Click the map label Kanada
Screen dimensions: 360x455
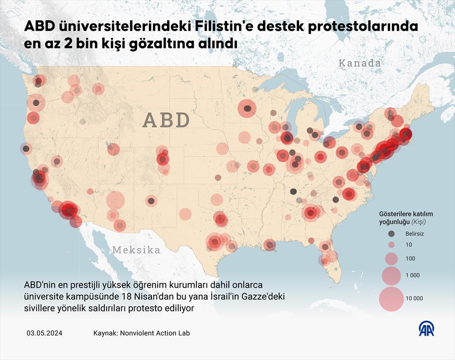(x=359, y=63)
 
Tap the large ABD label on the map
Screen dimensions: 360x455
(x=167, y=120)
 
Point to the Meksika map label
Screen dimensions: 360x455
(x=136, y=250)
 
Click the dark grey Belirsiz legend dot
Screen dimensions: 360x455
(x=391, y=234)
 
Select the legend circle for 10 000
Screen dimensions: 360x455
(x=391, y=298)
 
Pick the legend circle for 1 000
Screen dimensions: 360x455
(x=391, y=275)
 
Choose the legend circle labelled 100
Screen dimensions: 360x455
(x=391, y=259)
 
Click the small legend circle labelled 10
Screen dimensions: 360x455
(x=391, y=245)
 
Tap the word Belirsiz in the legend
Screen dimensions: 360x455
(x=415, y=234)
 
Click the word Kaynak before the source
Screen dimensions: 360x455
(x=105, y=333)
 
